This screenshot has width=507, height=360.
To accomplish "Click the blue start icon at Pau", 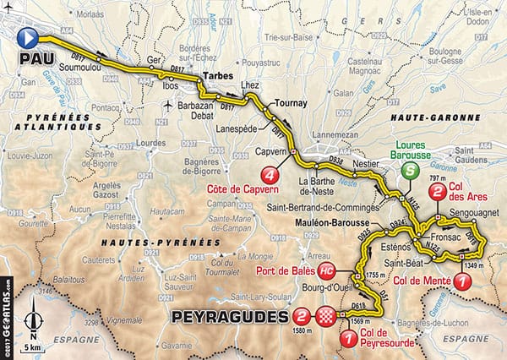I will tap(30, 35).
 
